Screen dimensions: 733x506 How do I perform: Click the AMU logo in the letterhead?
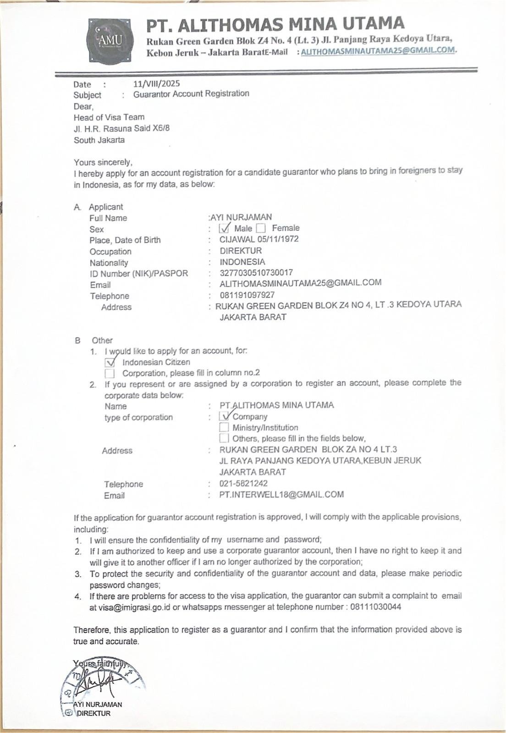coord(110,41)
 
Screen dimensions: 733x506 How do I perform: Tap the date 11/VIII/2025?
coord(156,83)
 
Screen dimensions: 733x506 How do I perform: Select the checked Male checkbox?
coord(225,228)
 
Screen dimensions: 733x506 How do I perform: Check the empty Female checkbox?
coord(261,228)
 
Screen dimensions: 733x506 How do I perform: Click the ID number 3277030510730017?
coord(256,273)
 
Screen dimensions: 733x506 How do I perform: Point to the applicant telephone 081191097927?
coord(247,295)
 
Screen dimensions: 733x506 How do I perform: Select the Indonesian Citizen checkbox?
coord(110,362)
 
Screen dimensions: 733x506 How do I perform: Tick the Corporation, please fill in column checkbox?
coord(110,373)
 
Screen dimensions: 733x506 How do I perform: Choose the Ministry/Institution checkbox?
coord(224,427)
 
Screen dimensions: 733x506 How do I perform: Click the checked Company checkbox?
coord(224,416)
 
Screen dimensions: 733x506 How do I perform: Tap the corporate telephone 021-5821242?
coord(243,483)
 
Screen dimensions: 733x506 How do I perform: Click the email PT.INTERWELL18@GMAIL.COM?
coord(281,495)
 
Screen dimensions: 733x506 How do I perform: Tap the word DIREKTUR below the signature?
coord(93,713)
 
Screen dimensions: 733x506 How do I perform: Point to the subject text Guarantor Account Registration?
coord(191,94)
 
